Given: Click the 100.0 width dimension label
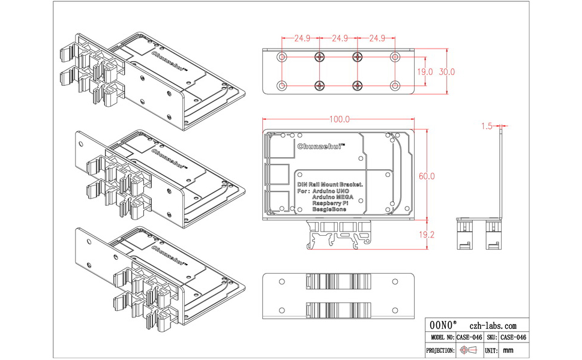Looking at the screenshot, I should [x=339, y=119].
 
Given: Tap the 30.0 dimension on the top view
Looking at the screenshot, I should [x=447, y=71].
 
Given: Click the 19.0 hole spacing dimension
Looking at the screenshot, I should [x=425, y=71].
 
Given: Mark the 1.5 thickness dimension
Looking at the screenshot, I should [x=487, y=126].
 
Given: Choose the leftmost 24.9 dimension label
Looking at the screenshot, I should [x=302, y=38].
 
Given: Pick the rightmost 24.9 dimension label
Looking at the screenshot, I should [x=376, y=38].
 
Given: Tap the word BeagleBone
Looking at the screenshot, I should [x=330, y=210].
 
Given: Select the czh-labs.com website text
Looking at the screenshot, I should [x=493, y=324].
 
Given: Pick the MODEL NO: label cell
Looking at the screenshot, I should [x=440, y=337].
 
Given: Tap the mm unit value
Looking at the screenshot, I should [x=508, y=350].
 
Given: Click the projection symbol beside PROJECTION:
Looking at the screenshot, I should [x=470, y=350].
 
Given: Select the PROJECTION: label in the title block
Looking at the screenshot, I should [x=440, y=350].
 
